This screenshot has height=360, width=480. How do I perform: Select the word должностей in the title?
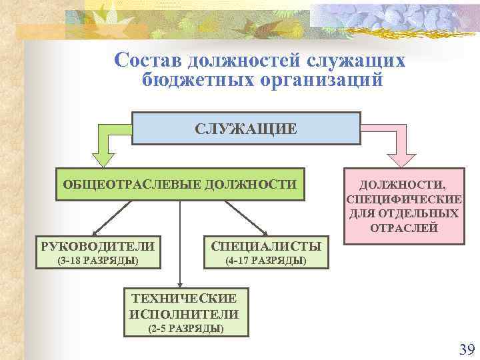pos(244,60)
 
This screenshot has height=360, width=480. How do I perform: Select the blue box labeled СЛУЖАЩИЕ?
pos(246,128)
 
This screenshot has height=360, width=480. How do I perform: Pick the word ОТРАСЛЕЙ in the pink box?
pos(404,227)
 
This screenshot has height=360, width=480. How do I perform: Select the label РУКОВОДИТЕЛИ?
pos(97,246)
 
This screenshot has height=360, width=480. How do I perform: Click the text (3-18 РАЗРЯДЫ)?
pos(98,260)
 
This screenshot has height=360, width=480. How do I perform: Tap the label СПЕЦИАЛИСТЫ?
pos(265,246)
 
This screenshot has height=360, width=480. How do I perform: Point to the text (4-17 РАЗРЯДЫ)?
pos(265,260)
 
